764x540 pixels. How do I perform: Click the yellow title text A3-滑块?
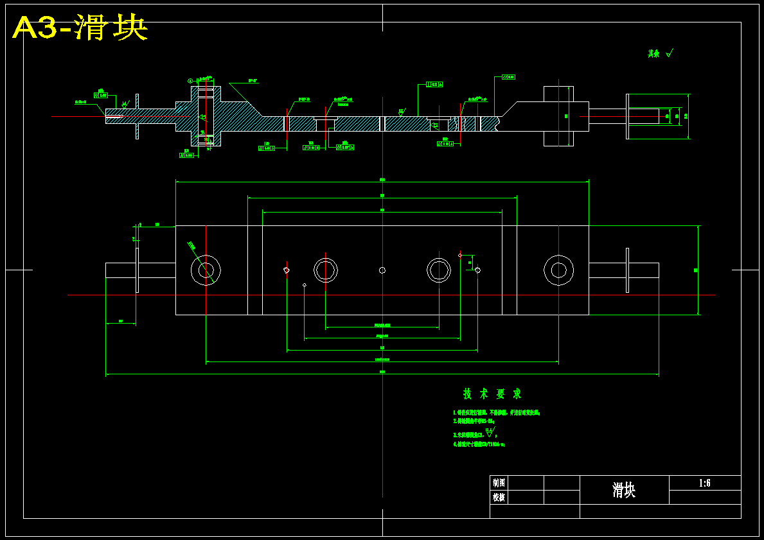(x=80, y=28)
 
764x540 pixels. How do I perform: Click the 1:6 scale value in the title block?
(x=704, y=483)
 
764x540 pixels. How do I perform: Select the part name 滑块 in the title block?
(x=624, y=491)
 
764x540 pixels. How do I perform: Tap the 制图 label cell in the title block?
(x=499, y=482)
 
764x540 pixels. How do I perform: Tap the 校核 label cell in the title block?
(x=499, y=497)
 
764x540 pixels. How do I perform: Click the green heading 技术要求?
(x=492, y=394)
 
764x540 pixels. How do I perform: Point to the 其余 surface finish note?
(x=659, y=54)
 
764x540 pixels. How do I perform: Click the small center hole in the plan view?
(x=382, y=270)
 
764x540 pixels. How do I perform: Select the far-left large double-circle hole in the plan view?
(x=206, y=270)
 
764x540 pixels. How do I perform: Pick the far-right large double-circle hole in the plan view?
(x=558, y=270)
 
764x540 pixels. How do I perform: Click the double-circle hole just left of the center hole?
(x=326, y=270)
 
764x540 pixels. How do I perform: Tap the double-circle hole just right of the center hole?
(x=439, y=270)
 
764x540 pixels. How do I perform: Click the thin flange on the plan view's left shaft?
(x=137, y=270)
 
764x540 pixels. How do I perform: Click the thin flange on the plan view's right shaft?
(x=627, y=270)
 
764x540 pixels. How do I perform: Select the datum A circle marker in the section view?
(x=190, y=81)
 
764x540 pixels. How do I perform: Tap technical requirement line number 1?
(x=496, y=413)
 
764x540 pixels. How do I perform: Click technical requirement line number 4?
(x=479, y=444)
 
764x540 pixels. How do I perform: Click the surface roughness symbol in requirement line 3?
(x=490, y=432)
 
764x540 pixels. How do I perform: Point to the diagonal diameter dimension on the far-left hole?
(x=191, y=245)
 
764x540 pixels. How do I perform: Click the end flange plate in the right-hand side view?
(x=628, y=116)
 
